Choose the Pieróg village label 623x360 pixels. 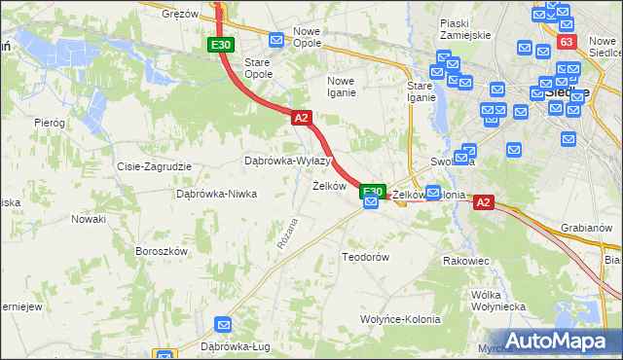tap(49, 123)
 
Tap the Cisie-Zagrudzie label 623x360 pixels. tap(153, 166)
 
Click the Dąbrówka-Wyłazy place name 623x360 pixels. tap(288, 161)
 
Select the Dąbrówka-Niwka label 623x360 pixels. tap(216, 193)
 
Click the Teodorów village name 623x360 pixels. tap(365, 257)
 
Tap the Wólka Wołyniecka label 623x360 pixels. tap(497, 300)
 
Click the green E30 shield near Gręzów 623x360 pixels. tap(221, 45)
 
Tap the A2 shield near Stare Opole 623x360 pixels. tap(301, 118)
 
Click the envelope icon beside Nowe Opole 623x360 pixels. tap(276, 40)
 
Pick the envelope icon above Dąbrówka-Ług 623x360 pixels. tap(225, 324)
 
